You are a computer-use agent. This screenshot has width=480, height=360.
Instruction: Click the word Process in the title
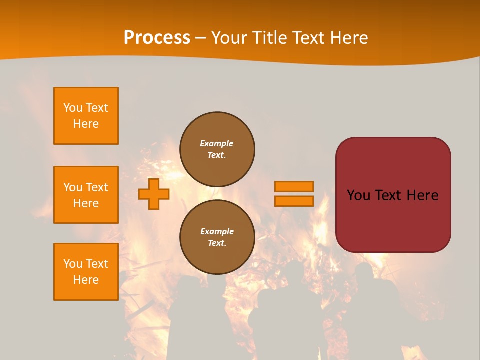coord(157,38)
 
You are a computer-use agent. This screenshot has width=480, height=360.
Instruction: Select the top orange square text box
coord(86,116)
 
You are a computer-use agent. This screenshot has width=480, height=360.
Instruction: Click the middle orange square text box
coord(86,195)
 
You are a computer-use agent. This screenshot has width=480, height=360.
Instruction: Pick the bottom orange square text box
coord(86,272)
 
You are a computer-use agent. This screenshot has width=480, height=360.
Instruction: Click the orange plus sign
coord(154,194)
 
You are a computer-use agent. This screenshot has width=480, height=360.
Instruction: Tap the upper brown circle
coord(217,149)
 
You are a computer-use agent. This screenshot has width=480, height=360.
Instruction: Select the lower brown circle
coord(217,237)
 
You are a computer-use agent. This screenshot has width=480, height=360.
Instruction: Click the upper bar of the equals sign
coord(294,186)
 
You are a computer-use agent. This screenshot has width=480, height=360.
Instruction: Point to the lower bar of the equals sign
coord(294,201)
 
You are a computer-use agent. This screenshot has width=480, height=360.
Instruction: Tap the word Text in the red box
coord(388,195)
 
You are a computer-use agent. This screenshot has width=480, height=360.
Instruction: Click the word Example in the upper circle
coord(216,143)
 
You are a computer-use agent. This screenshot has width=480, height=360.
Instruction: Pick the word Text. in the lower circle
coord(217,243)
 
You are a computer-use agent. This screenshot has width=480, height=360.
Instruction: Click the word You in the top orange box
coord(73,108)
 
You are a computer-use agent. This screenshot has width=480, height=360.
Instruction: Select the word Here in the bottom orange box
coord(86,280)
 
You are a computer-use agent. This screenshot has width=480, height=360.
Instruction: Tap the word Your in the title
coord(230,38)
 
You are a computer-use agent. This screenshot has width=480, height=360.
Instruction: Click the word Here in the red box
coord(422,195)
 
